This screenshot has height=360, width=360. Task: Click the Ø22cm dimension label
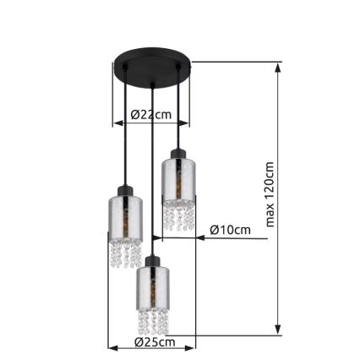pos(152,114)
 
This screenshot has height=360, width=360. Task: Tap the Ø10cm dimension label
pos(230,230)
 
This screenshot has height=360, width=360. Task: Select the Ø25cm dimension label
pos(155,342)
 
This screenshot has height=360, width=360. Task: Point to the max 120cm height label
pos(270,195)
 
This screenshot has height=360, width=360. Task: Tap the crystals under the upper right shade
pos(179,215)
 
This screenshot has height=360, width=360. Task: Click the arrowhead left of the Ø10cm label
pos(200,238)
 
